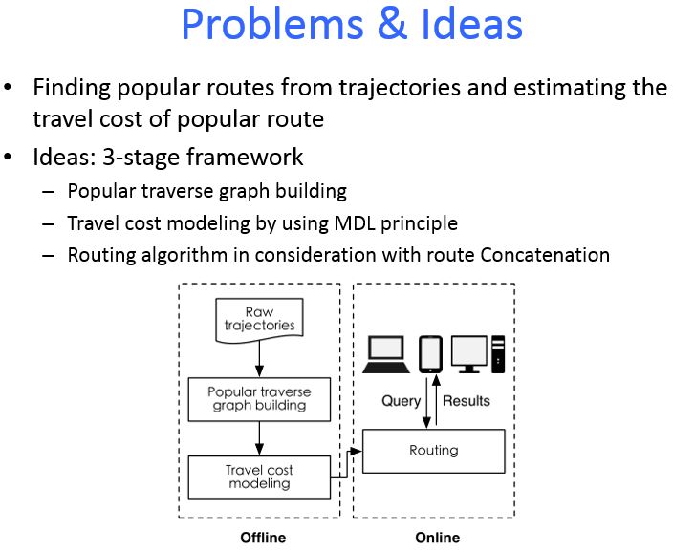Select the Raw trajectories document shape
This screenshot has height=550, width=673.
259,319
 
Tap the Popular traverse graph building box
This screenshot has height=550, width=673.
259,398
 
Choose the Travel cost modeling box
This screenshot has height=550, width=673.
259,476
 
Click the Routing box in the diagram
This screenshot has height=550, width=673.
434,451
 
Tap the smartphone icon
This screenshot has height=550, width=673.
429,352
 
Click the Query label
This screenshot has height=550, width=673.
402,400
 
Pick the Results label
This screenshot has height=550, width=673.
467,400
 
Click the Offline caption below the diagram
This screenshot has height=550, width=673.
262,538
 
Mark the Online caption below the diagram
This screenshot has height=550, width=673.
437,538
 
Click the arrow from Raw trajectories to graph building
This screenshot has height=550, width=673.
259,358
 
